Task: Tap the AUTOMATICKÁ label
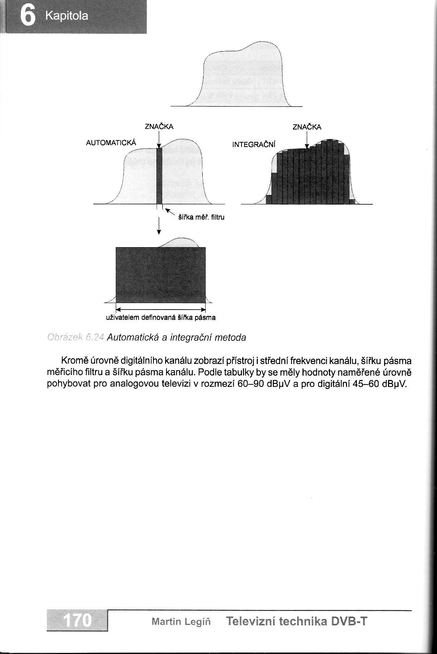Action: pyautogui.click(x=111, y=143)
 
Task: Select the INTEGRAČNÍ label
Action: pyautogui.click(x=254, y=144)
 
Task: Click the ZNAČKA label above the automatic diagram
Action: pyautogui.click(x=159, y=127)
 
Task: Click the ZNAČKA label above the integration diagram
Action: pyautogui.click(x=307, y=127)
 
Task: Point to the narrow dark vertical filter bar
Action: pyautogui.click(x=159, y=176)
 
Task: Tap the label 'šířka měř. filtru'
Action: pyautogui.click(x=201, y=218)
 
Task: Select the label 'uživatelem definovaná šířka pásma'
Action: pyautogui.click(x=160, y=318)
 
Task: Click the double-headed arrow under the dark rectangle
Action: pyautogui.click(x=160, y=310)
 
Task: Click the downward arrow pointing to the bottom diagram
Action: pyautogui.click(x=158, y=226)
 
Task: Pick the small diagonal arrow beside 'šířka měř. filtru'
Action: pyautogui.click(x=169, y=213)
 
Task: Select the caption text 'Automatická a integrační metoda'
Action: pyautogui.click(x=177, y=338)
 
